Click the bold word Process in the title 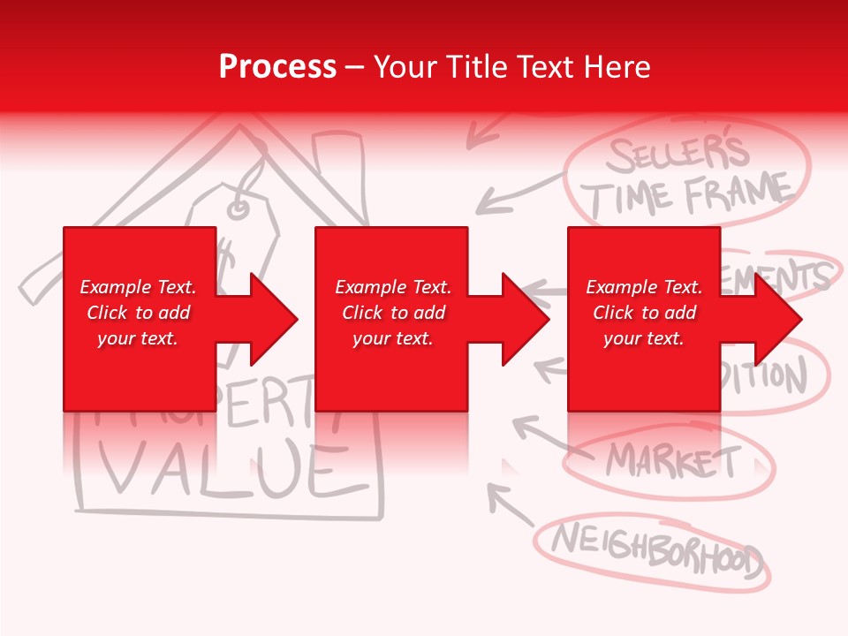coord(277,67)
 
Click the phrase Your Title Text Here coord(511,67)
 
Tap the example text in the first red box coord(138,313)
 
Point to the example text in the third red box coord(644,313)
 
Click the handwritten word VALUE coord(221,468)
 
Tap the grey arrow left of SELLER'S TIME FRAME coord(517,194)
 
